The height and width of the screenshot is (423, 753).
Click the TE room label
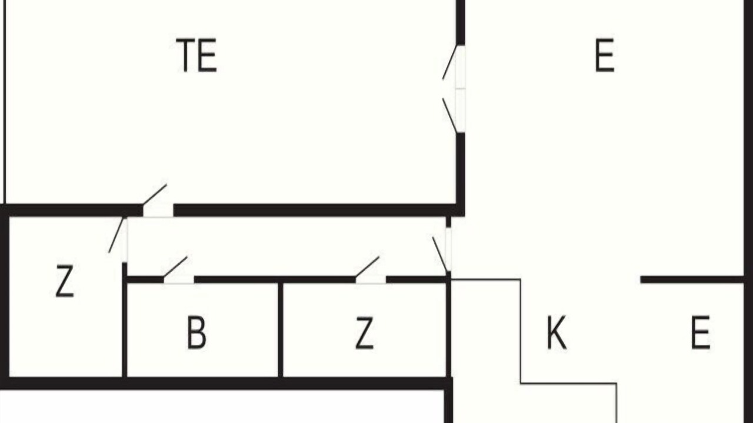196,55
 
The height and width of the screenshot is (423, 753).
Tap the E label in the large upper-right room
605,55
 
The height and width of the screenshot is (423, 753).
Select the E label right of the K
700,333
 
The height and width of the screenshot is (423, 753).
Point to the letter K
557,333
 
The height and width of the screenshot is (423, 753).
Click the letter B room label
196,333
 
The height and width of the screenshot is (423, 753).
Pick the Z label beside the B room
364,333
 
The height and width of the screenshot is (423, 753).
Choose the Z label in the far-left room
65,281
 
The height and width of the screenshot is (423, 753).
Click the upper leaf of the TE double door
450,62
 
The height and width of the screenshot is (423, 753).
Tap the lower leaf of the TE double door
450,115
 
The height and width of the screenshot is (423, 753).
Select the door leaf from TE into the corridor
155,194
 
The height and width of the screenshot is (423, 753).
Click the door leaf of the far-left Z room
117,235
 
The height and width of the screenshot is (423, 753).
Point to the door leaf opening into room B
175,267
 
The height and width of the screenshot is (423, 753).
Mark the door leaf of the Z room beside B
367,267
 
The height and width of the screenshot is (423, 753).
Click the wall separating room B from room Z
281,330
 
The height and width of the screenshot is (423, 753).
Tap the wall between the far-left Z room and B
124,320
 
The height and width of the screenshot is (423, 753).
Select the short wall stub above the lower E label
692,280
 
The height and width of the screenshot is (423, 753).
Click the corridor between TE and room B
286,246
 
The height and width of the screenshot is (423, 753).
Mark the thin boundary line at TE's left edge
5,102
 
